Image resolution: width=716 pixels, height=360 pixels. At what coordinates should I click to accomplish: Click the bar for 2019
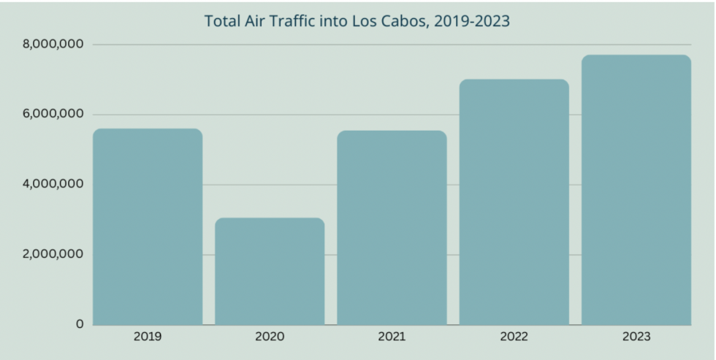pos(148,226)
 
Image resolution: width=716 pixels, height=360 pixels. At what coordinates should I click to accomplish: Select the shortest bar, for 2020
pos(270,271)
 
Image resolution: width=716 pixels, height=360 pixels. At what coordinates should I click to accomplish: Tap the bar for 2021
pos(392,227)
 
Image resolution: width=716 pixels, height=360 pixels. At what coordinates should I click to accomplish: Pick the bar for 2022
pos(514,202)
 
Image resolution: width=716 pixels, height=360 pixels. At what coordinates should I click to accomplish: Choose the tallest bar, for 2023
pos(636,190)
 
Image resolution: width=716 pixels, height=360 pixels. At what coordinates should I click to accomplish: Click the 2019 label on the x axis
pos(148,337)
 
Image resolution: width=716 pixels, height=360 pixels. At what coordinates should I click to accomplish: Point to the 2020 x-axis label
pos(270,337)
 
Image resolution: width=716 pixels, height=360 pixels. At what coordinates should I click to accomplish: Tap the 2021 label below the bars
pos(392,337)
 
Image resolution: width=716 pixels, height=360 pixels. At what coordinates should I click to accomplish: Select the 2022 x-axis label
pos(514,337)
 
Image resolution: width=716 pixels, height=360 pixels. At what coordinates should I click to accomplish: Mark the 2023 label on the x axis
pos(636,337)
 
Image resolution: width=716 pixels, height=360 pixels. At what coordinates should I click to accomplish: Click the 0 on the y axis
pos(80,324)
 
